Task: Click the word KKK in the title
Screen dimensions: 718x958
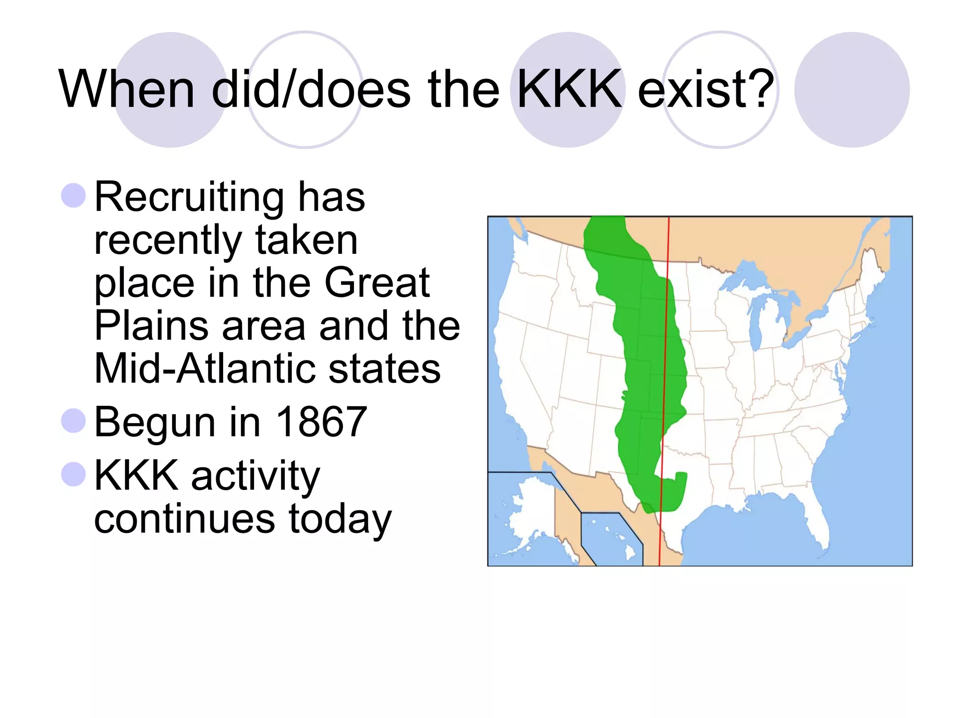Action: click(x=569, y=89)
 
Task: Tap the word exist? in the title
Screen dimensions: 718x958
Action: click(x=705, y=89)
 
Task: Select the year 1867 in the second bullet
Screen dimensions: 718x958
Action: click(x=322, y=422)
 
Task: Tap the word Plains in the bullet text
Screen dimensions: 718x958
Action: click(x=151, y=325)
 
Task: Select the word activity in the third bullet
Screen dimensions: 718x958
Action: click(x=255, y=476)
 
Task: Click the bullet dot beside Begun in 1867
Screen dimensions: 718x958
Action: click(x=73, y=420)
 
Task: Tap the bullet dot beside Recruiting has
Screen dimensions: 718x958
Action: click(x=73, y=195)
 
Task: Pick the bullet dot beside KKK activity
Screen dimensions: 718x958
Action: click(x=73, y=474)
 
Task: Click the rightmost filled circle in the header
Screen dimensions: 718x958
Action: click(x=852, y=90)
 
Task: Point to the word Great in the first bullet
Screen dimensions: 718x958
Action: click(x=377, y=282)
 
